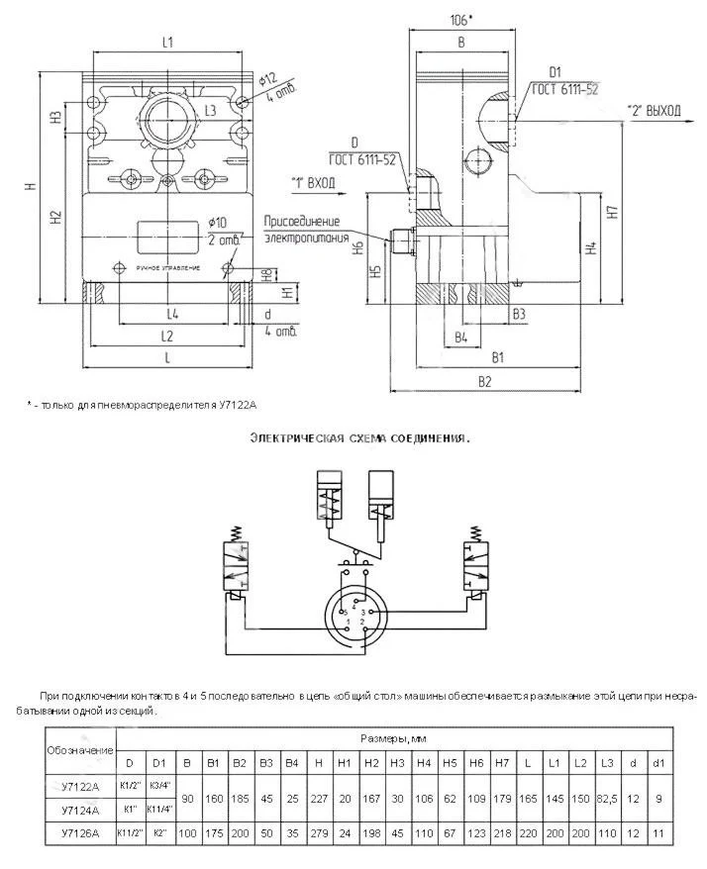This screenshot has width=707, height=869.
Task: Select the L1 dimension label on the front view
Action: [x=167, y=42]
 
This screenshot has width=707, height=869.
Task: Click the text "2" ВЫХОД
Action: [x=655, y=111]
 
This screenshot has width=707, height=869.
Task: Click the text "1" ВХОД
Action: [x=313, y=183]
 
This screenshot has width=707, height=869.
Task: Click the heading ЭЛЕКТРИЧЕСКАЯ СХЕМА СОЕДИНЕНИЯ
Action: [x=358, y=436]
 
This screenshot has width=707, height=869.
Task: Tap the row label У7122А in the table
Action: [x=80, y=786]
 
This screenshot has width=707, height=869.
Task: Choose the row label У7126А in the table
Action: [x=80, y=833]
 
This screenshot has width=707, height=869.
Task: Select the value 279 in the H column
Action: [x=318, y=833]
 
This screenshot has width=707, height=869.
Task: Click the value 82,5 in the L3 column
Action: [x=607, y=798]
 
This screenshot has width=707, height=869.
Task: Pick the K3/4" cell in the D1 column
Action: [x=159, y=786]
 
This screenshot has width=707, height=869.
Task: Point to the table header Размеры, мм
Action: [x=396, y=738]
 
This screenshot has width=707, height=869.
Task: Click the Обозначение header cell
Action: [x=80, y=750]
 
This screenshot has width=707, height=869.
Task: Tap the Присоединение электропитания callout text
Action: [x=302, y=227]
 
